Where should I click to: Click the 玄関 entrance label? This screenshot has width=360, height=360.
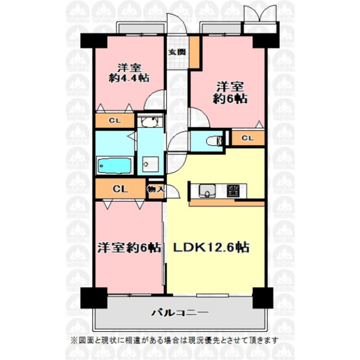pos(176,53)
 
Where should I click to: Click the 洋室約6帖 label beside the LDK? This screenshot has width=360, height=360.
pos(129,248)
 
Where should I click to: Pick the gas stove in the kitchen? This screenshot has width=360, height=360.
pos(234,190)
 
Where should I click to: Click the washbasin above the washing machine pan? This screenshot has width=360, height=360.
pos(150,122)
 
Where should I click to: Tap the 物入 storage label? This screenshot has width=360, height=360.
pos(156,189)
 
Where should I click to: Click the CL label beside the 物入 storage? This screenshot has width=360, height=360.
pos(120,189)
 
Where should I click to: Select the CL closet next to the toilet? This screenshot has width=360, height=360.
pos(248,138)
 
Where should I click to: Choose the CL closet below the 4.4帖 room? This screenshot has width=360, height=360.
pos(114,121)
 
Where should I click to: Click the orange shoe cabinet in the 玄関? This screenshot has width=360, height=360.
pos(194,52)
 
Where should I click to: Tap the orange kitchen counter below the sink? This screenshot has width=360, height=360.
pos(226,204)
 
